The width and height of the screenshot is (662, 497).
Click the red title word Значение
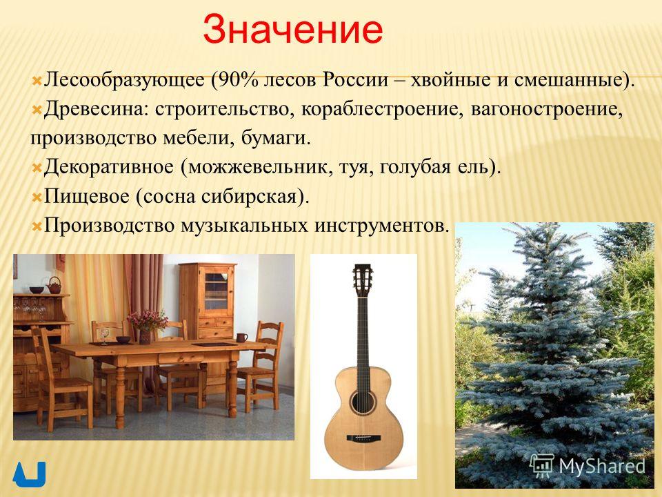coord(292,30)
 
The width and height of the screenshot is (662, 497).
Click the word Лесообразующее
coord(124,80)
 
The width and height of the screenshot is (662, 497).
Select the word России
coord(356,80)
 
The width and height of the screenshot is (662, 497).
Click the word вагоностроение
coord(547,110)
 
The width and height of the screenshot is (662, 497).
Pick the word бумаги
coord(276,138)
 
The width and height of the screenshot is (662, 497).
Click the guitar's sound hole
coord(363,402)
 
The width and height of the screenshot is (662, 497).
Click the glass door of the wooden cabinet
coord(216,291)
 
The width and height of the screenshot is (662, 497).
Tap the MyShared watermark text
coord(601,466)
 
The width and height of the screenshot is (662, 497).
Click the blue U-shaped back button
coord(29,474)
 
